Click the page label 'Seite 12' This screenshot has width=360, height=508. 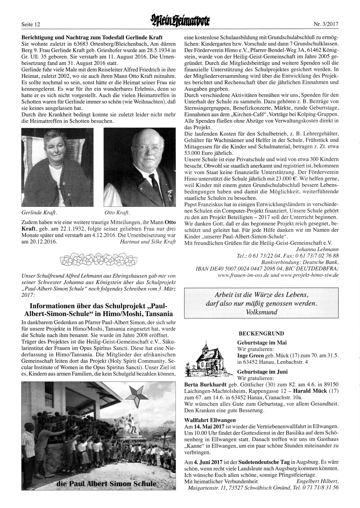point(31,25)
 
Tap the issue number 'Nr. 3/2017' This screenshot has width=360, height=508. point(326,25)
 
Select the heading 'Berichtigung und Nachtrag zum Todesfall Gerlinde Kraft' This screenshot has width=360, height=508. point(92,37)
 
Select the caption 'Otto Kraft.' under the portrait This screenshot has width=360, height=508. point(117,212)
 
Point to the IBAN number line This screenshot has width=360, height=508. point(267,268)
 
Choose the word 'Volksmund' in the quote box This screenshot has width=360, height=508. point(262,312)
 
